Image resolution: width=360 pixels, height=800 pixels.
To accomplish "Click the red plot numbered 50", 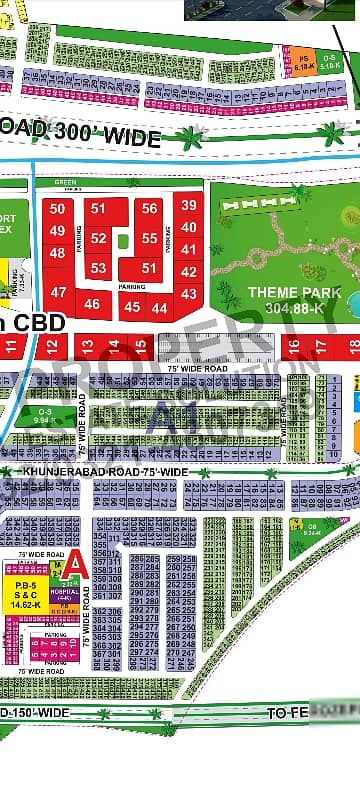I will [57, 210].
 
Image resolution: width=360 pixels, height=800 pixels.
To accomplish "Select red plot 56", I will [150, 208].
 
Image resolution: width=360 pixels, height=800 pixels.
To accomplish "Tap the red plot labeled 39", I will [188, 205].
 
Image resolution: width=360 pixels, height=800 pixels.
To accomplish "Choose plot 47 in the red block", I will [59, 293].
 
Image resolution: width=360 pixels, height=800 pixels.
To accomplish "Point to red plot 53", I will [98, 268].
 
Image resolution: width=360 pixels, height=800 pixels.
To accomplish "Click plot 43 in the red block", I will [188, 293].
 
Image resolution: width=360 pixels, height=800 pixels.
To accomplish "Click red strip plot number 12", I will [52, 346].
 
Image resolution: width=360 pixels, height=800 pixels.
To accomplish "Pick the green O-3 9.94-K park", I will [45, 417].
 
